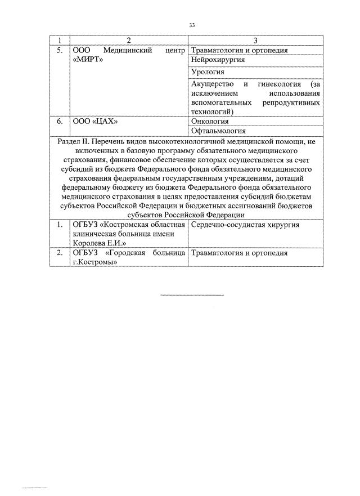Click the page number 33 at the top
192,25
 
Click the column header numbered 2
129,41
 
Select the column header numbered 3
255,41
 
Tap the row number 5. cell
60,51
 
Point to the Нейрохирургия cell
214,61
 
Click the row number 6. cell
60,121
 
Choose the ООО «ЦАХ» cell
96,121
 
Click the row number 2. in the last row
60,253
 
